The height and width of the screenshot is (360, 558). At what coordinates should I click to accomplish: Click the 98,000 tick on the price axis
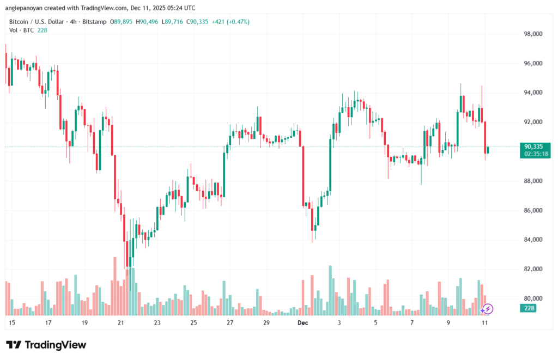(x=532, y=34)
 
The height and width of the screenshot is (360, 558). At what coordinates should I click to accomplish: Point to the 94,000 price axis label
(x=532, y=93)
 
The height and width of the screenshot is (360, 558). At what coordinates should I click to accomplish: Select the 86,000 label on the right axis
(x=532, y=210)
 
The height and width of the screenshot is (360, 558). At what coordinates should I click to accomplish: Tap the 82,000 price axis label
(x=532, y=269)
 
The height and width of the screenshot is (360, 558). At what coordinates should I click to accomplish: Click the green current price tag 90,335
(x=533, y=147)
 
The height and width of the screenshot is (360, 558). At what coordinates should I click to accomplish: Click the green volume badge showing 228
(x=529, y=308)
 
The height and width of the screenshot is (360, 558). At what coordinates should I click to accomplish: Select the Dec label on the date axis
(x=303, y=323)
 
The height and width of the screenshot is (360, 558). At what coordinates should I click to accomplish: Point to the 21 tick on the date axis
(x=121, y=323)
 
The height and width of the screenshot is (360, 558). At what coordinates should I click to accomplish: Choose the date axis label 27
(x=230, y=323)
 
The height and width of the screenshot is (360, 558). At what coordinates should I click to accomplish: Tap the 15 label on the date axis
(x=11, y=323)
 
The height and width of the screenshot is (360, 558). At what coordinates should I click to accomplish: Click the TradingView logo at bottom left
(x=46, y=345)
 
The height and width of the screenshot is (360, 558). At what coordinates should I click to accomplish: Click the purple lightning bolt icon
(x=488, y=309)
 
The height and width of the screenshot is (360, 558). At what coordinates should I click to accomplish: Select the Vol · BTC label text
(x=21, y=30)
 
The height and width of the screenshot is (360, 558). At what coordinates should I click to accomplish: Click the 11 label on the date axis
(x=485, y=323)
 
